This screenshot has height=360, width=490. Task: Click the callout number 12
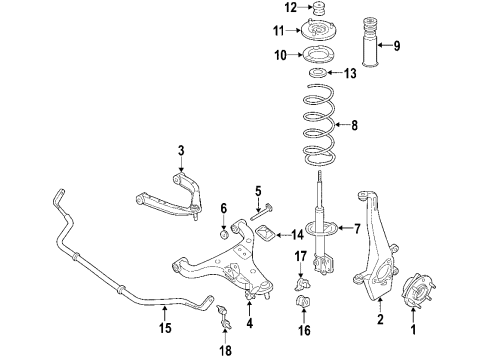tap(263, 9)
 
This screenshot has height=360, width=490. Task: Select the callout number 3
tap(181, 150)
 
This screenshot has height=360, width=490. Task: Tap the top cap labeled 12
tap(319, 11)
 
